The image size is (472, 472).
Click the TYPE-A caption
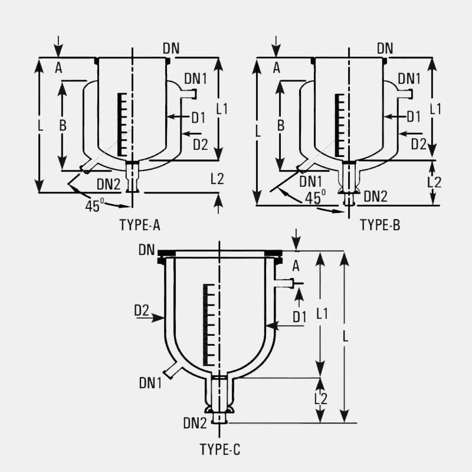pyautogui.click(x=140, y=225)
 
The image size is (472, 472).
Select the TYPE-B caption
pyautogui.click(x=380, y=225)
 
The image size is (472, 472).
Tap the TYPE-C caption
pyautogui.click(x=220, y=450)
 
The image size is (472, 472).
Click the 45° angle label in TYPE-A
pyautogui.click(x=94, y=206)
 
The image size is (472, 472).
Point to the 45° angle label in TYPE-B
pyautogui.click(x=315, y=198)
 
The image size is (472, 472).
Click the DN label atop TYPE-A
pyautogui.click(x=171, y=48)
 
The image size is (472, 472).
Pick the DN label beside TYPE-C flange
pyautogui.click(x=146, y=250)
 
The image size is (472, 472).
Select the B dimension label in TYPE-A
pyautogui.click(x=63, y=125)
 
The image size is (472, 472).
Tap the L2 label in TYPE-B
pyautogui.click(x=434, y=182)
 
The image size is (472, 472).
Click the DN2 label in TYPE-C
pyautogui.click(x=195, y=423)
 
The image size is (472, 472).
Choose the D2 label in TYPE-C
pyautogui.click(x=142, y=310)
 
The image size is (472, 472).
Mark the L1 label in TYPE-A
pyautogui.click(x=222, y=109)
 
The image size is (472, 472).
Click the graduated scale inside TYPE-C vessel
pyautogui.click(x=209, y=324)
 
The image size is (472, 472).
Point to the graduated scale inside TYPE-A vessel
pyautogui.click(x=122, y=124)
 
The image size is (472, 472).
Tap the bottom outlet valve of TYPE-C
pyautogui.click(x=219, y=400)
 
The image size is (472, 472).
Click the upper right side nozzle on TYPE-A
pyautogui.click(x=188, y=94)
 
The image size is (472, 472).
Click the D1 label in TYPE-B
pyautogui.click(x=414, y=117)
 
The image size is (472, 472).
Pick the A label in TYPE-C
pyautogui.click(x=296, y=266)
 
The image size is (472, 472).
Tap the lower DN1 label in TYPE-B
pyautogui.click(x=311, y=181)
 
